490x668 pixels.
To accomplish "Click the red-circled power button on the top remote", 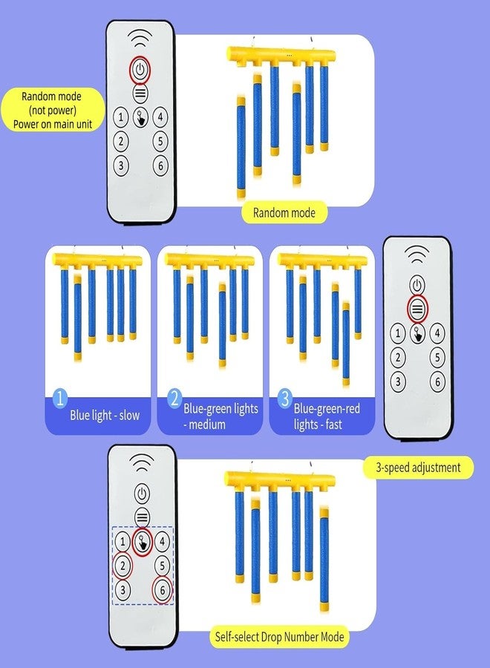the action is pos(140,70).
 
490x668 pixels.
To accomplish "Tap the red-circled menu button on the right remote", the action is pos(417,309).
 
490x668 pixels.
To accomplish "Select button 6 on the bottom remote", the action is pos(163,590).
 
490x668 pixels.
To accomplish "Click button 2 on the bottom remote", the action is pos(122,566).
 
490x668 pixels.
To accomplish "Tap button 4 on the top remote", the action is pos(160,117).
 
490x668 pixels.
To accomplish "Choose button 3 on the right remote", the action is pos(398,382).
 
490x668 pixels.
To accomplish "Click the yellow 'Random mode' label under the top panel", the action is pos(284,212).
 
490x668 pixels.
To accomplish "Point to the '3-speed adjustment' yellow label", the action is pos(418,468).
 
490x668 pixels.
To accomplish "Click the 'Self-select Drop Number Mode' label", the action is pos(279,637).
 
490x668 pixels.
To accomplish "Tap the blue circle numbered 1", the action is pos(60,398).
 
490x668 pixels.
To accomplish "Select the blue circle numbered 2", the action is pos(174,399).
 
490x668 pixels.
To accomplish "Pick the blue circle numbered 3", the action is pos(285,399).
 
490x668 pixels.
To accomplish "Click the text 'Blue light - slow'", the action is pos(105,416).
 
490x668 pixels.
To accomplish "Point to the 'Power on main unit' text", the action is pos(53,125).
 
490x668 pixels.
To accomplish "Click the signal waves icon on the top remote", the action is pos(140,39).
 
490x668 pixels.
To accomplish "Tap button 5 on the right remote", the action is pos(437,357).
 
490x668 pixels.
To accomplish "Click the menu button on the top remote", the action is pos(140,94).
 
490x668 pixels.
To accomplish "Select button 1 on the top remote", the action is pos(121,117).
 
